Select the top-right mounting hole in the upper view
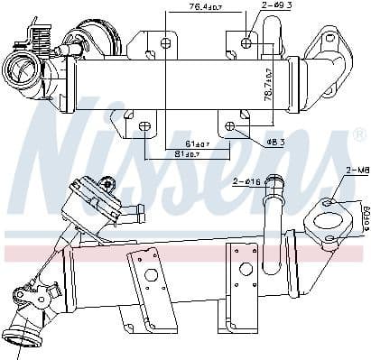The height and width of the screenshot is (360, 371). click(247, 42)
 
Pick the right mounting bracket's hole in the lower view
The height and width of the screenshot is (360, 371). click(244, 267)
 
